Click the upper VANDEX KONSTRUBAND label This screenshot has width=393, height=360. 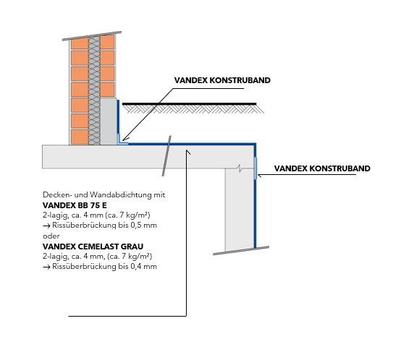[222, 80]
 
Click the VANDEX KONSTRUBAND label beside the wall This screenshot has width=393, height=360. [322, 168]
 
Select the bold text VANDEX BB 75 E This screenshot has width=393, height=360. [75, 205]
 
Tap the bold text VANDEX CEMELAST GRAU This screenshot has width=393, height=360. [93, 247]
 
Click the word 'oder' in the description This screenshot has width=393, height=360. [51, 236]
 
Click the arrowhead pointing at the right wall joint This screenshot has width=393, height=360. [259, 176]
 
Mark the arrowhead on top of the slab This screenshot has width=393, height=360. [187, 152]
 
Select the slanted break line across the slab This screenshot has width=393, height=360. [166, 155]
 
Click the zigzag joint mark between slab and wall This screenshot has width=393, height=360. [240, 168]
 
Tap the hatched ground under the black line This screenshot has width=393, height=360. [193, 109]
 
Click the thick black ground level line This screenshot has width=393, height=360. [189, 103]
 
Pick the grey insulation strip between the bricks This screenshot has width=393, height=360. [94, 90]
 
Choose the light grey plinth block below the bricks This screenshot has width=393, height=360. [109, 121]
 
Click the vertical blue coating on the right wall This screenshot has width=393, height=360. [255, 195]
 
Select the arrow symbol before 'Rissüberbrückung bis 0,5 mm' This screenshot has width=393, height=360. [46, 226]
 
